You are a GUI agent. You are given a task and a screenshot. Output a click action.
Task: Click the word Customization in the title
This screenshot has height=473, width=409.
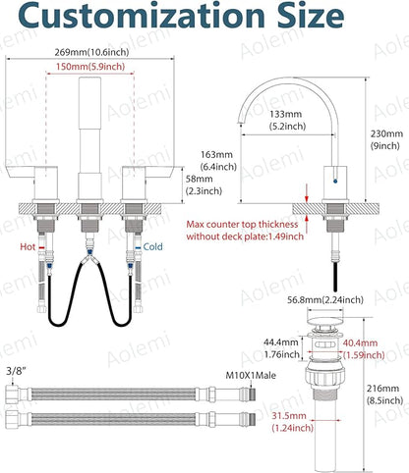pos(142,15)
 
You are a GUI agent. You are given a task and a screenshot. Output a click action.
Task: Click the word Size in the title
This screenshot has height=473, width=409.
pos(311,15)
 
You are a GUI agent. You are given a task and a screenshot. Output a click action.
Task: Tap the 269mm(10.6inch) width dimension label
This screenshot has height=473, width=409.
pos(91,52)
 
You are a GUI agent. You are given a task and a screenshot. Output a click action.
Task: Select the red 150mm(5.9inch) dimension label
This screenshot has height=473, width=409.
pos(90,67)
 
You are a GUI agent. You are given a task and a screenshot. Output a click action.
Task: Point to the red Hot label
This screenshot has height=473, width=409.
pos(28,246)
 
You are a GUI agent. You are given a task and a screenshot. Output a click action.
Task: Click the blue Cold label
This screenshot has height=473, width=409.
pos(152,246)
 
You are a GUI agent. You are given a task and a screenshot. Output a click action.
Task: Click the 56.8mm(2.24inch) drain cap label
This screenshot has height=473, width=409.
pos(325,299)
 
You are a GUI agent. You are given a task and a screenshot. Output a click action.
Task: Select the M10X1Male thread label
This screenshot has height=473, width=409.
pos(251,375)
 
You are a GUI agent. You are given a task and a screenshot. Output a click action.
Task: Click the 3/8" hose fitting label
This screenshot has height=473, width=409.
pos(16,371)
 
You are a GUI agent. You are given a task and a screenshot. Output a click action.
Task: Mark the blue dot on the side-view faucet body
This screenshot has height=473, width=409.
pos(334,181)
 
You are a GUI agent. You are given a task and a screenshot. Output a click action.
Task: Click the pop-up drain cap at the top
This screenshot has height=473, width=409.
pos(325,321)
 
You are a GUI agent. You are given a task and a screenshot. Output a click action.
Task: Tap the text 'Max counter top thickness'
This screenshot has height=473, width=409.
pos(242,225)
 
